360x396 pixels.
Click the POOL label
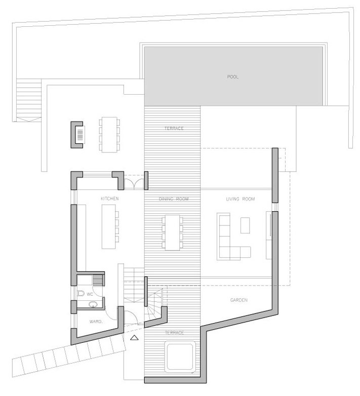(233, 77)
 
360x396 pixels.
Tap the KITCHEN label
(109, 199)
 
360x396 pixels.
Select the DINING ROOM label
(173, 199)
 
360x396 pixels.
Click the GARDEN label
(238, 300)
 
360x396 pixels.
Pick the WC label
(89, 294)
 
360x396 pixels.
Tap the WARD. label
(96, 321)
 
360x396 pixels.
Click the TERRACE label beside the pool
(173, 129)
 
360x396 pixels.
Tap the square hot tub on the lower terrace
(180, 357)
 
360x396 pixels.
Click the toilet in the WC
(82, 294)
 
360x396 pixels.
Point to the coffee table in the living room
(245, 224)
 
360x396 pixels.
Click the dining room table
(172, 232)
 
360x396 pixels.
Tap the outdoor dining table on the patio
(109, 134)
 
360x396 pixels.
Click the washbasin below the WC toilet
(93, 305)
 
